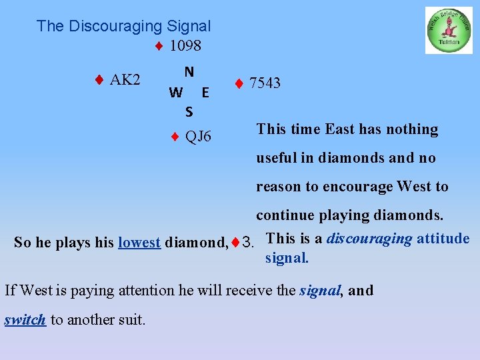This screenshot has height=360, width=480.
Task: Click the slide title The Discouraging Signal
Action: (123, 26)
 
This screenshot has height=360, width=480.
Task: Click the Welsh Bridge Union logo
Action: (449, 31)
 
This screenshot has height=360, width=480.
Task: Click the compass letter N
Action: (189, 71)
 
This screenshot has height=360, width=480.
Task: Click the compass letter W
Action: (175, 92)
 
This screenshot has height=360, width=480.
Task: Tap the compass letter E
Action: (205, 92)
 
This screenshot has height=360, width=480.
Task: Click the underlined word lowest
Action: (139, 243)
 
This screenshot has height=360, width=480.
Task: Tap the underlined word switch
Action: (25, 319)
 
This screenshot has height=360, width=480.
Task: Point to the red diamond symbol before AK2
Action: (98, 80)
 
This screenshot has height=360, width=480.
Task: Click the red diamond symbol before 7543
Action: (238, 83)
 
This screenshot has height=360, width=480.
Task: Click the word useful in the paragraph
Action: (277, 158)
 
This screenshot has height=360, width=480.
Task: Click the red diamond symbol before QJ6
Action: (174, 137)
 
